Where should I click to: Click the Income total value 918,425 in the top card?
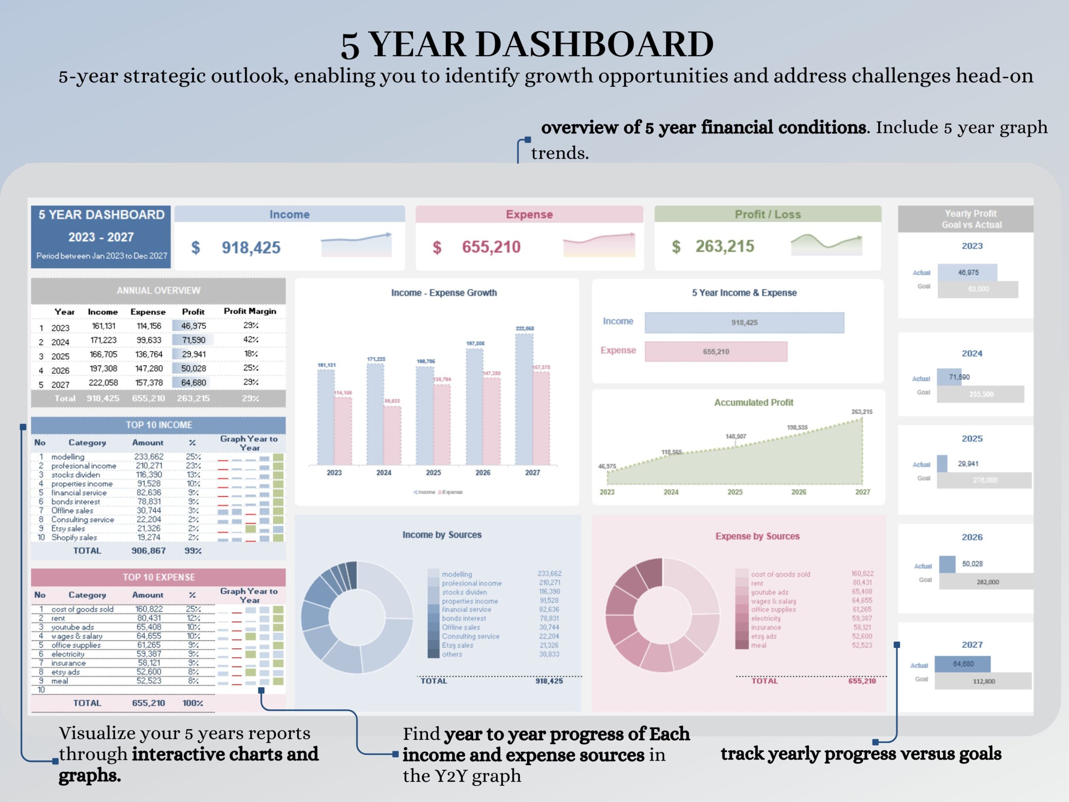coord(251,248)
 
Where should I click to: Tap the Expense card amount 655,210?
coord(491,247)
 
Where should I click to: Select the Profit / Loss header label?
coord(768,214)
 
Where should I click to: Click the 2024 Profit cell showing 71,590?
coord(193,340)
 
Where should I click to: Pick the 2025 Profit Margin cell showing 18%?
coord(250,354)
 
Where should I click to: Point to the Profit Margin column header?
coord(250,311)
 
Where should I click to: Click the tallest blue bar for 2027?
coord(524,399)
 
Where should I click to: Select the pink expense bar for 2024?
coord(392,435)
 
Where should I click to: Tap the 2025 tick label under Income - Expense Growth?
coord(433,472)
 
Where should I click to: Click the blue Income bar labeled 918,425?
coord(744,322)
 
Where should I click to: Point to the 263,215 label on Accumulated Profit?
coord(862,412)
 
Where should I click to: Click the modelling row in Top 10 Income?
coord(68,457)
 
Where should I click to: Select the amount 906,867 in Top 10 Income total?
coord(148,551)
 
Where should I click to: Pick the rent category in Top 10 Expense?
coord(58,618)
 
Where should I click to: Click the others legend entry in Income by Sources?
coord(452,655)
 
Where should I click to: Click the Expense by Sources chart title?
coord(757,536)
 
